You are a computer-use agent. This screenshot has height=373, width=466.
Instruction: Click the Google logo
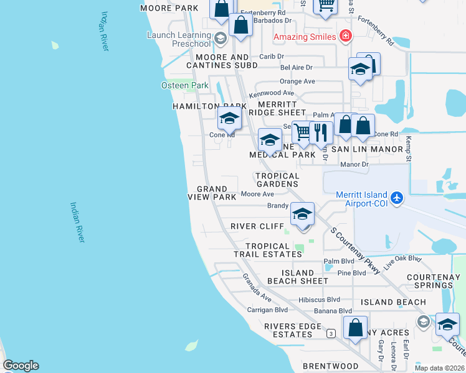[x=21, y=366]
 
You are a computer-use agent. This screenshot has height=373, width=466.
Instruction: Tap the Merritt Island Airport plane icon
[x=397, y=199]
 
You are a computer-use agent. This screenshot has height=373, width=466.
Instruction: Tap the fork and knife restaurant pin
[x=320, y=132]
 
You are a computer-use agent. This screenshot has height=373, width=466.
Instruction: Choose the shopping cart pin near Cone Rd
[x=302, y=131]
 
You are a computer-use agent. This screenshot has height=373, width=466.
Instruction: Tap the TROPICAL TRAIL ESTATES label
[x=267, y=250]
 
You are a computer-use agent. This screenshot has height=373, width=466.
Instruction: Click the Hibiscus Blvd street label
[x=319, y=300]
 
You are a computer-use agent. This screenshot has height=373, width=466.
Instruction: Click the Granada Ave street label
[x=257, y=285]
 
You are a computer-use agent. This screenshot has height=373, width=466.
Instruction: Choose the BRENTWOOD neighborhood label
[x=330, y=366]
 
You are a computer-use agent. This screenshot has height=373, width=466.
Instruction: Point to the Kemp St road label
[x=409, y=148]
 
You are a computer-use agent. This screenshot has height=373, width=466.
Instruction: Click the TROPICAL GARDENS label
[x=277, y=180]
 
